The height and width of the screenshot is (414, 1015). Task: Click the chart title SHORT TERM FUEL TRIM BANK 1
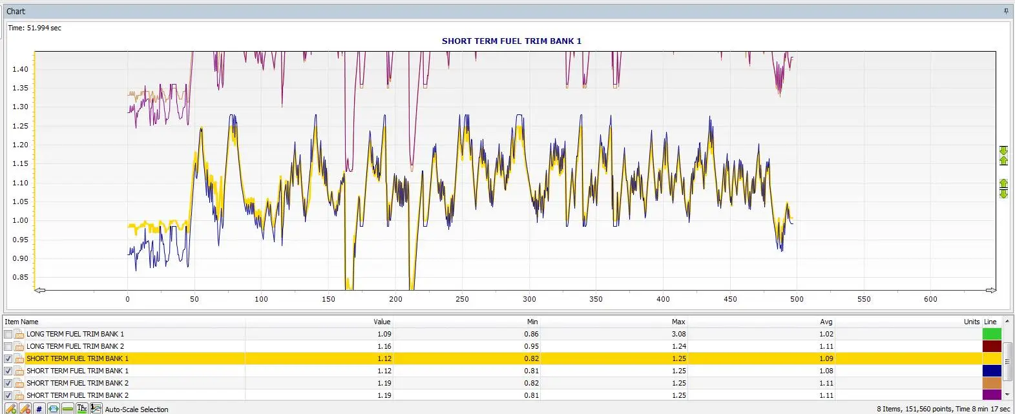point(512,41)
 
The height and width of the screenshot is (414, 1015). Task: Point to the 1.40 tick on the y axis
point(21,69)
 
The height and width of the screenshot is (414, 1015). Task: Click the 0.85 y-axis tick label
point(21,277)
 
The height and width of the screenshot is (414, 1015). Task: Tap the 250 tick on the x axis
point(462,299)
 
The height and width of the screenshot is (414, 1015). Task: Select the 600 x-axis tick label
point(931,299)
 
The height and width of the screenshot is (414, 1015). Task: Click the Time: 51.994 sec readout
point(34,28)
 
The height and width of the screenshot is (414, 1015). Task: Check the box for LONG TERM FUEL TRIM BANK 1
point(8,335)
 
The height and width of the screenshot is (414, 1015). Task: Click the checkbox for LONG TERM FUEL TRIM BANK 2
point(8,347)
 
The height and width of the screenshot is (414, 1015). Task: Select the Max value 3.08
point(678,335)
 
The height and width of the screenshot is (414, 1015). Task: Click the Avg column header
point(826,322)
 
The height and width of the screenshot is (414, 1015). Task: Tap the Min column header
point(532,322)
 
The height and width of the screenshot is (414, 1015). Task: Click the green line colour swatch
point(992,335)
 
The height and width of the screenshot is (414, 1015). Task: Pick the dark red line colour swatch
point(992,347)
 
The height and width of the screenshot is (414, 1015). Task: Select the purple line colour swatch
point(992,395)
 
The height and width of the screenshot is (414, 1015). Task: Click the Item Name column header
point(21,322)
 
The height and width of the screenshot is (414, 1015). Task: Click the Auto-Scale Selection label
point(136,409)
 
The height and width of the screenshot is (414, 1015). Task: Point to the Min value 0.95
point(532,347)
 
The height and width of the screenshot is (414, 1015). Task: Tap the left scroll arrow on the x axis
point(40,291)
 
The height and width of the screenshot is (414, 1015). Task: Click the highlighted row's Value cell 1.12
point(384,358)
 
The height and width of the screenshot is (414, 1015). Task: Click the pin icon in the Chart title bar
point(1006,11)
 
